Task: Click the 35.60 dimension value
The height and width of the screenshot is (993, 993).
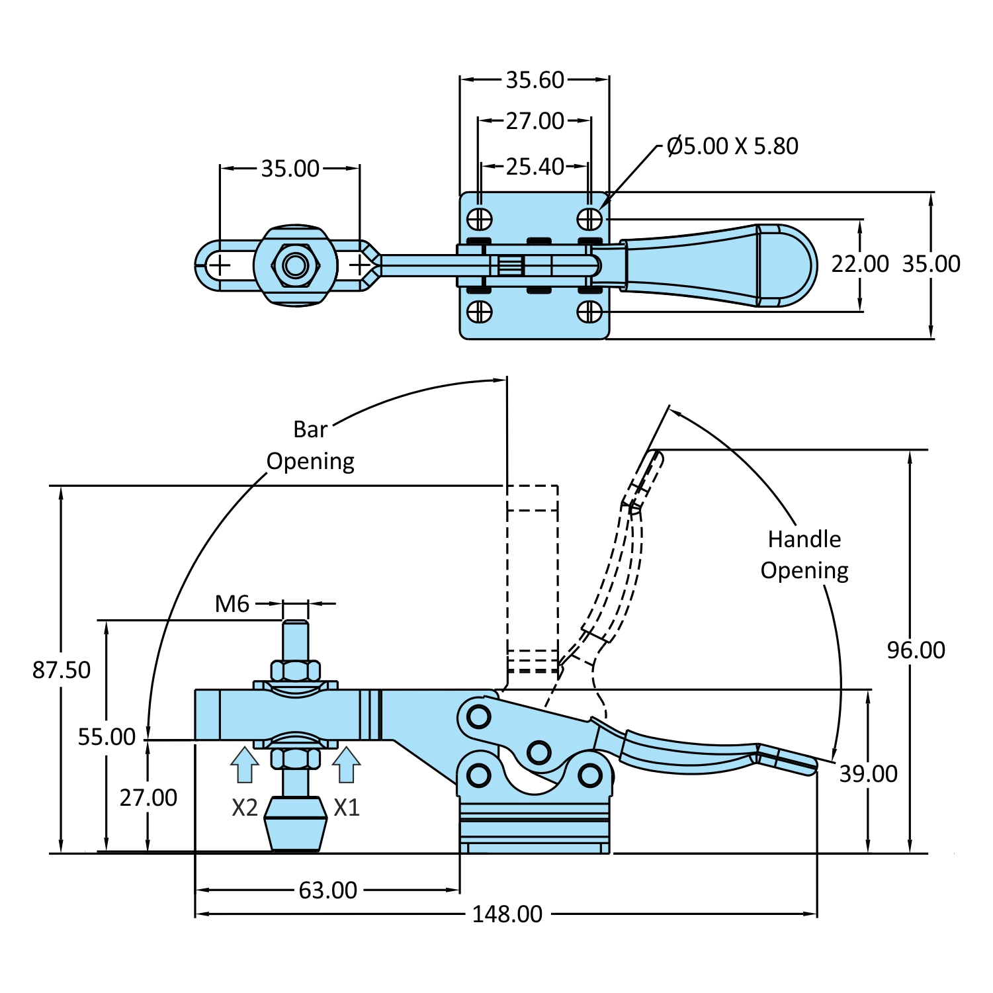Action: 535,80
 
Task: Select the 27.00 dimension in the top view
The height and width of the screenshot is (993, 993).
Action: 535,121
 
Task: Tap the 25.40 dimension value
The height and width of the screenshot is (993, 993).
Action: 535,167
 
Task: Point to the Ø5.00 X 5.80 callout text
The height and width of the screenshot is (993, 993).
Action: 732,146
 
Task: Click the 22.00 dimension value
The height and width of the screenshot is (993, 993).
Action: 859,264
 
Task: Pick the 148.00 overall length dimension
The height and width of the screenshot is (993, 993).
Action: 507,914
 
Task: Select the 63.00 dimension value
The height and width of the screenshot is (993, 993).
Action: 327,890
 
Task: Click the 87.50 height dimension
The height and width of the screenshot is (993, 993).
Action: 62,670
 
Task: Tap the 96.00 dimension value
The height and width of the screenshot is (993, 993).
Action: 916,650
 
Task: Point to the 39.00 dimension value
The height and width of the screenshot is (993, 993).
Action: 868,774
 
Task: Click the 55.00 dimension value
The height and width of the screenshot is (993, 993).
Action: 107,737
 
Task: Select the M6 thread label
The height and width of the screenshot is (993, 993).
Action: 232,604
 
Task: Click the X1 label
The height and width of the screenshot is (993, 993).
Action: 346,808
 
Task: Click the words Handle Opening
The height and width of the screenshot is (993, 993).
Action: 804,555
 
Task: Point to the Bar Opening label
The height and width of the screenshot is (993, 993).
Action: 310,445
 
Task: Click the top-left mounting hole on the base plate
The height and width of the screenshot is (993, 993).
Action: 480,219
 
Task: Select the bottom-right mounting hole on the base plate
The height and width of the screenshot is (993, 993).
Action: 589,312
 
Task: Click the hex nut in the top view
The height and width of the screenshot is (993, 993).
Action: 296,265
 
